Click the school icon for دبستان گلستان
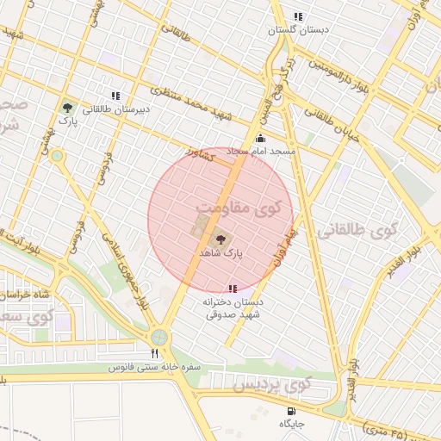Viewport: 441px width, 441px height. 298,16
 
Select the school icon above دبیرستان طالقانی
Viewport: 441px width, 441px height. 115,96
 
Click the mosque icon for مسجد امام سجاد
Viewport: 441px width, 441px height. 261,138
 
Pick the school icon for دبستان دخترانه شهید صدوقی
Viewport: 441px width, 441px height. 232,289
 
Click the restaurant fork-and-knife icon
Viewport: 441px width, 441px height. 155,353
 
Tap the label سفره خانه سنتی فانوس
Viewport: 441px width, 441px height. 155,367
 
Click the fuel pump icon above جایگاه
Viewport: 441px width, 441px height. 290,411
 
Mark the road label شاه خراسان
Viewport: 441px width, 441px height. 26,295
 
